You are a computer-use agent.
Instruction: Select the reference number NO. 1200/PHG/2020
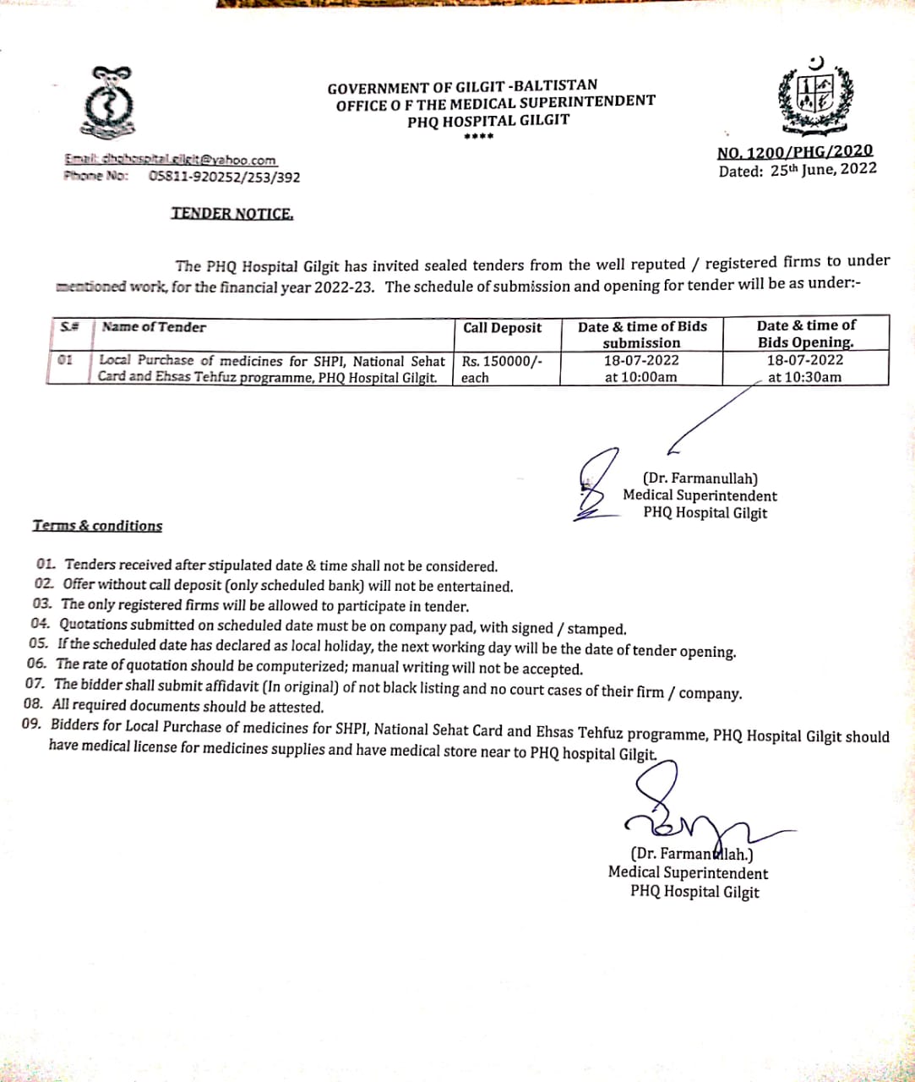(795, 152)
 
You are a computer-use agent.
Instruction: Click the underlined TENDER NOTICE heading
(232, 214)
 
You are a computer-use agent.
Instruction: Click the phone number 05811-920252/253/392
(224, 177)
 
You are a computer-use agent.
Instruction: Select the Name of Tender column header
(153, 327)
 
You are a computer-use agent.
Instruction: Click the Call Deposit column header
(503, 328)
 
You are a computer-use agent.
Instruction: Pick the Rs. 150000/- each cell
(502, 369)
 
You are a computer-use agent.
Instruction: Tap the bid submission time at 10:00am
(640, 377)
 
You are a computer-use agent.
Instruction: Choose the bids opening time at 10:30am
(804, 377)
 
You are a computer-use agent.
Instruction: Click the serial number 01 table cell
(65, 360)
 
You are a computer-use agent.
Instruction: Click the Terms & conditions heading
(97, 526)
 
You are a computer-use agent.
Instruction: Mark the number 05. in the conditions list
(38, 643)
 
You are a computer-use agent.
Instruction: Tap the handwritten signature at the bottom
(684, 807)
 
